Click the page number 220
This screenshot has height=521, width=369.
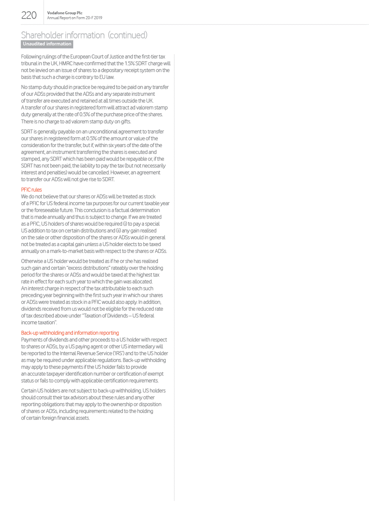[29, 15]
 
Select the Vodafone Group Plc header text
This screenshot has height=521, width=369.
[65, 13]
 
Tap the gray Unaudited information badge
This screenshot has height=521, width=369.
[47, 44]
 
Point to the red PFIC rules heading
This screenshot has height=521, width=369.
[31, 190]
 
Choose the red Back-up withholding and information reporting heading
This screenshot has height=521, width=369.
[70, 333]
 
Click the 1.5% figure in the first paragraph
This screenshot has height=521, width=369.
[130, 64]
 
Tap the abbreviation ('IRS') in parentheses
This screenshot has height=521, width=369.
[118, 354]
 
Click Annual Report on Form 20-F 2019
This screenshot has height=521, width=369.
[75, 18]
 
